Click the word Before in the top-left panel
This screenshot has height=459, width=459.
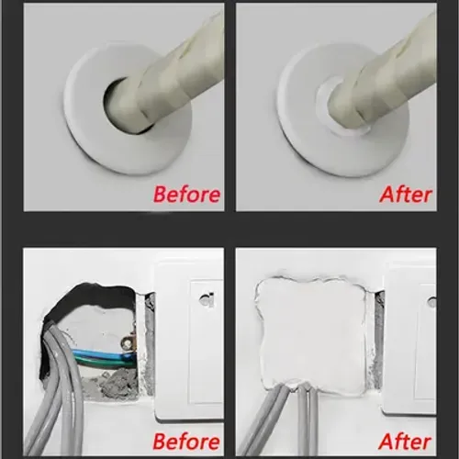[186, 194]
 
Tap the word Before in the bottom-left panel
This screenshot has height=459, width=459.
[186, 442]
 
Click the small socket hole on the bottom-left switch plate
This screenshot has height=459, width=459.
[206, 298]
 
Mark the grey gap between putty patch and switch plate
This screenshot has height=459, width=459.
[377, 340]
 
